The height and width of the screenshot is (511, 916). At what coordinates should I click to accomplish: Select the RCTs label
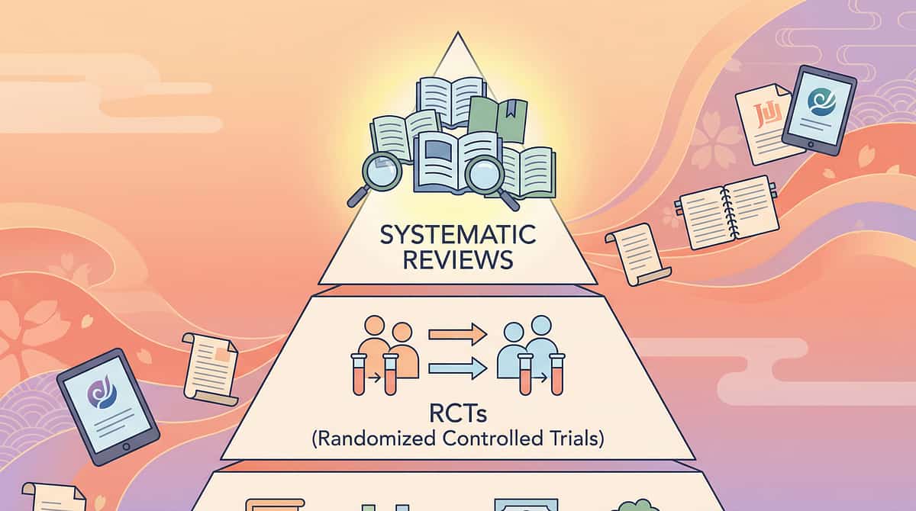[x=457, y=416]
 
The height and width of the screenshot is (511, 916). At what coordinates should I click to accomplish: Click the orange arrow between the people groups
[x=457, y=333]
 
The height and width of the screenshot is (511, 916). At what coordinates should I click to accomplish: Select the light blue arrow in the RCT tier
[x=457, y=369]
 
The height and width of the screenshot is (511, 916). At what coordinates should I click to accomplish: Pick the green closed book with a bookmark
[x=498, y=118]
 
